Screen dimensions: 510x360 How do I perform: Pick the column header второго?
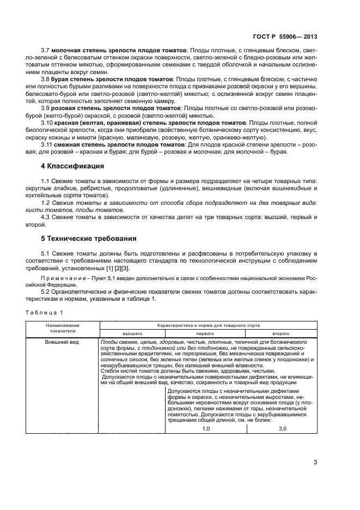[280, 332]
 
